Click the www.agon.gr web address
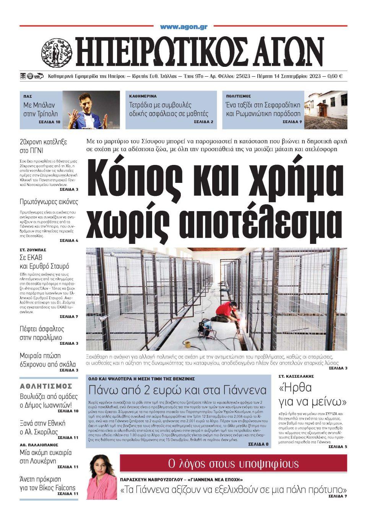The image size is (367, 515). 183,27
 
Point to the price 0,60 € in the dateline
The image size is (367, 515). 335,76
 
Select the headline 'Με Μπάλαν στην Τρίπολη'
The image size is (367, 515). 40,109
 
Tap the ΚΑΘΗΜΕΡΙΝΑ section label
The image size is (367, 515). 143,97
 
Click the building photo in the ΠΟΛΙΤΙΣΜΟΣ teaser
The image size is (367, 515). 326,110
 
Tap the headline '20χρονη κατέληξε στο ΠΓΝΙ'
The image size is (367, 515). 43,146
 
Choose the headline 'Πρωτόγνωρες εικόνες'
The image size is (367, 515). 49,202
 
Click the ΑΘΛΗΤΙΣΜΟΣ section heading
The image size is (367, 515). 46,386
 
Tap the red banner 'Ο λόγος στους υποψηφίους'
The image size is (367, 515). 234,464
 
